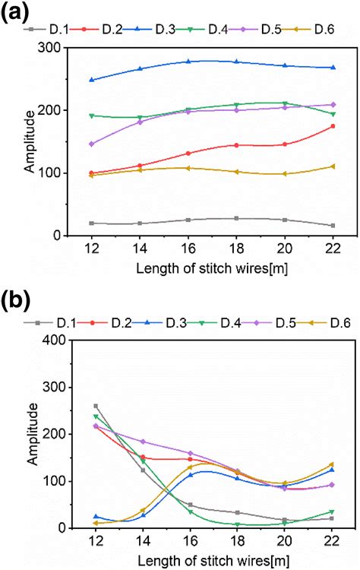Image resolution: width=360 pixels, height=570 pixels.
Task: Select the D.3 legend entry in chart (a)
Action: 166,30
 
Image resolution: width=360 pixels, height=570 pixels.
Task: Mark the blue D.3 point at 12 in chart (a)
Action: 91,80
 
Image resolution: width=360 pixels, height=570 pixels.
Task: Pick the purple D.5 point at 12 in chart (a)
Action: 91,144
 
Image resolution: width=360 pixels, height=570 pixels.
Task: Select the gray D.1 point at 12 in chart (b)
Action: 95,406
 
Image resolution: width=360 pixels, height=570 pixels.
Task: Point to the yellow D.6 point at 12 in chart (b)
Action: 95,523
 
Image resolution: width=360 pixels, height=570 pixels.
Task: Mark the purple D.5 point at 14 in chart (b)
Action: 141,442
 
